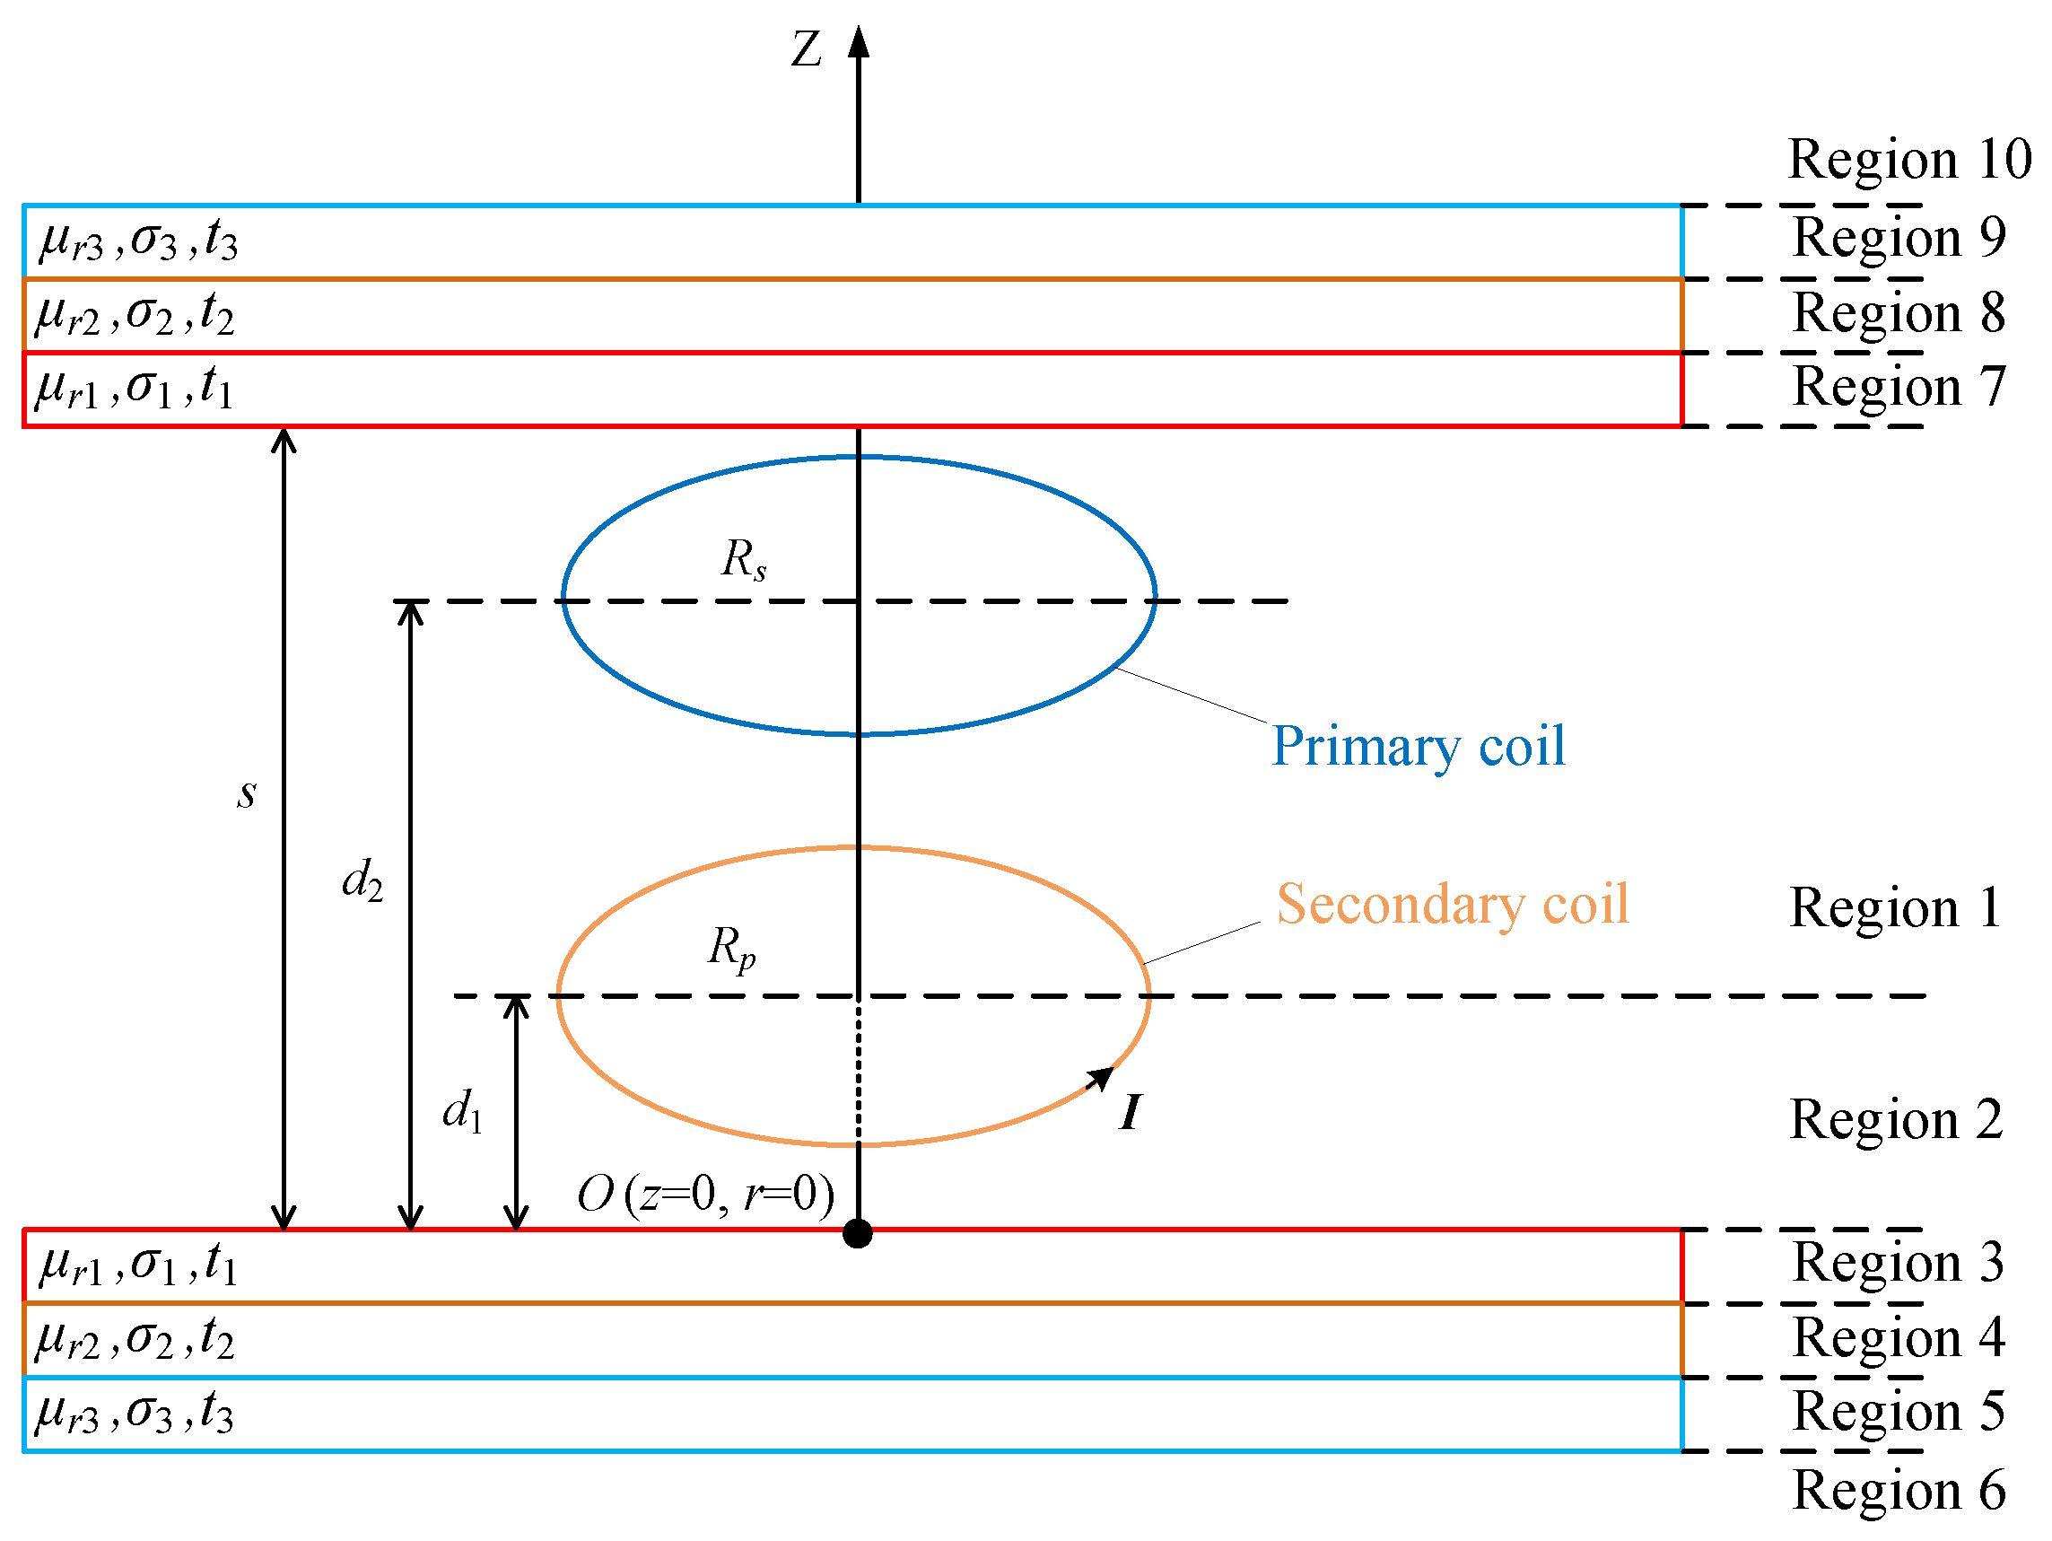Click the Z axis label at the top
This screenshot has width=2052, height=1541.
[x=805, y=49]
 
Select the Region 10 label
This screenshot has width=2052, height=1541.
[x=1909, y=160]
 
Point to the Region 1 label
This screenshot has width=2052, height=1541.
[x=1895, y=907]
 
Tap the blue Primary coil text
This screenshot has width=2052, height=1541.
[x=1419, y=747]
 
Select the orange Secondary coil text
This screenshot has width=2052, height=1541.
[x=1453, y=905]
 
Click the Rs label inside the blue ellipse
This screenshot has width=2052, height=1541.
[x=744, y=560]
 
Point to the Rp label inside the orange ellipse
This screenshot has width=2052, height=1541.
[x=732, y=949]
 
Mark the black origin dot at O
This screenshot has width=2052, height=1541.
[x=857, y=1234]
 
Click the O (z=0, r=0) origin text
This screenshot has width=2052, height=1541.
[x=706, y=1194]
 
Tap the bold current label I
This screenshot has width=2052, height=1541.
[x=1130, y=1112]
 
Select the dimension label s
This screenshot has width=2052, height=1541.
[x=246, y=794]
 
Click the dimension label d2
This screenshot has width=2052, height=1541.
[x=362, y=880]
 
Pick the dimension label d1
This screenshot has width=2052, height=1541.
[x=462, y=1110]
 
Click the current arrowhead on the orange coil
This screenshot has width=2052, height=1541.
[x=1102, y=1077]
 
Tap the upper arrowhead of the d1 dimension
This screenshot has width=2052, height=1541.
[x=516, y=1005]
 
